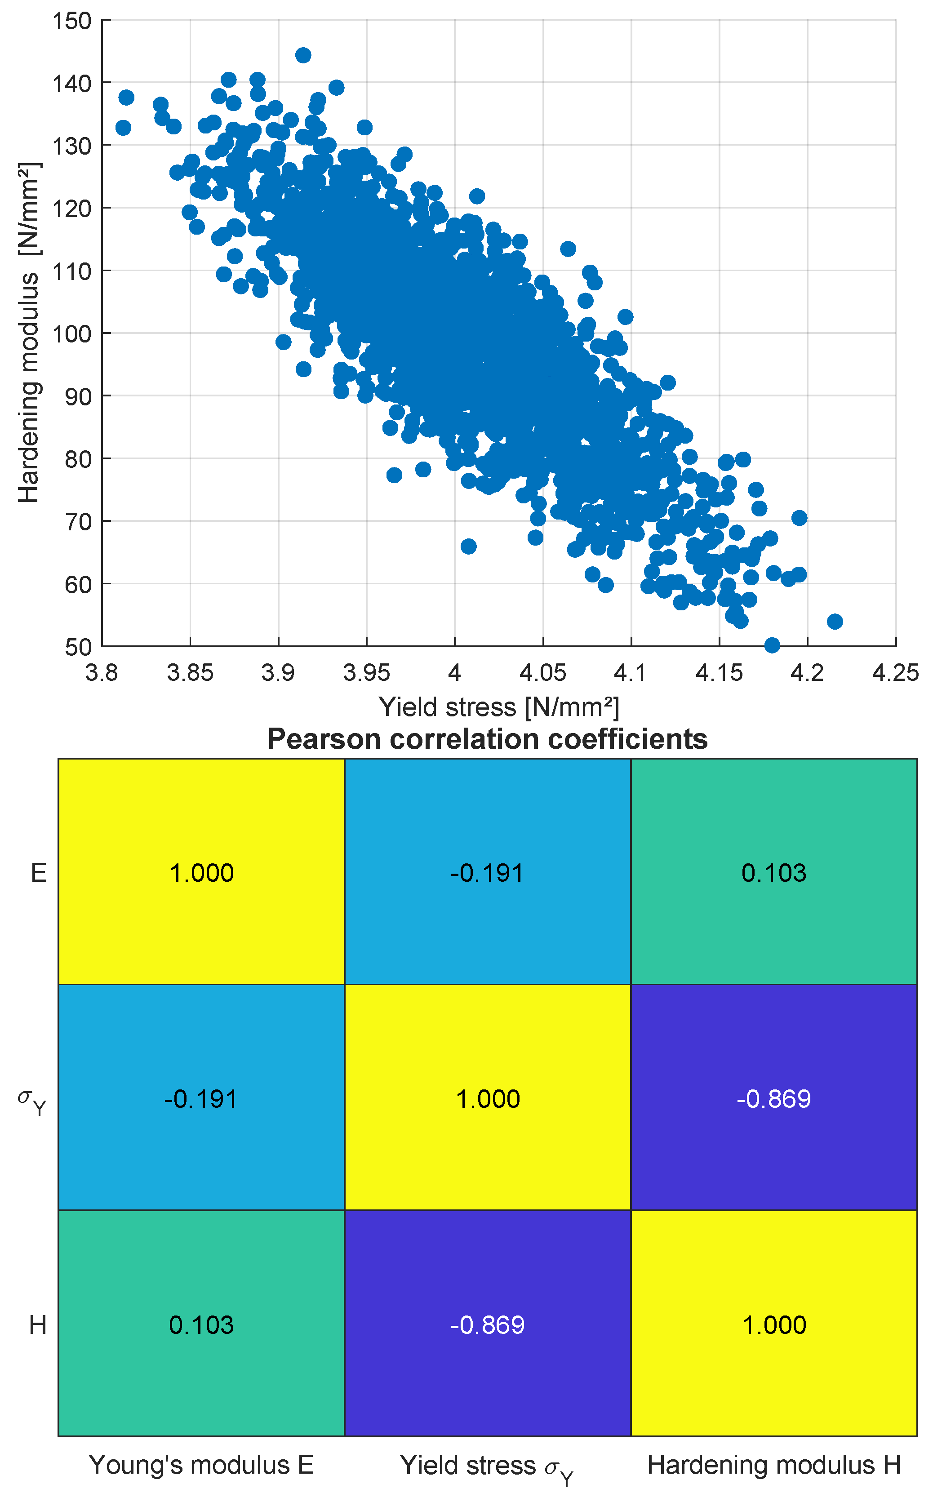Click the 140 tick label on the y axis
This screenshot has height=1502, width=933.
[71, 83]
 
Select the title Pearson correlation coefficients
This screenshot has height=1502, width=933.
[488, 739]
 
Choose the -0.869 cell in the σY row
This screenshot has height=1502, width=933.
[774, 1099]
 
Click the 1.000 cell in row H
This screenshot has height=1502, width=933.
[774, 1325]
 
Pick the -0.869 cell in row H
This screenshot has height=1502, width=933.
[488, 1325]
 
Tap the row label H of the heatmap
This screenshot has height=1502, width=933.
[38, 1325]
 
